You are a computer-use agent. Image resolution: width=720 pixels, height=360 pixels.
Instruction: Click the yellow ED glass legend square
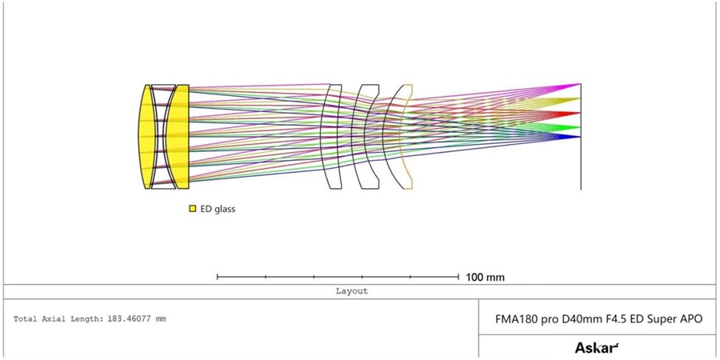pyautogui.click(x=193, y=209)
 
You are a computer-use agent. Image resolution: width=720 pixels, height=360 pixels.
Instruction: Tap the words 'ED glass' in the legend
pyautogui.click(x=218, y=209)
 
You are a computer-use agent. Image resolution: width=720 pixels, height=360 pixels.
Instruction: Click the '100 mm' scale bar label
pyautogui.click(x=486, y=278)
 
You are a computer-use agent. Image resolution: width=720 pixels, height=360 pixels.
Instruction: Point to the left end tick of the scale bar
pyautogui.click(x=217, y=277)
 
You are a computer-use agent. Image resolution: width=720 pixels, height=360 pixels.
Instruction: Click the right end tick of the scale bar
pyautogui.click(x=458, y=277)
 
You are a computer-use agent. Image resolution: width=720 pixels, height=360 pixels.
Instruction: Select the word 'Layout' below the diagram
pyautogui.click(x=352, y=291)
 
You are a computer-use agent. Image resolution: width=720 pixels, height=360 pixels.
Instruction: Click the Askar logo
pyautogui.click(x=597, y=348)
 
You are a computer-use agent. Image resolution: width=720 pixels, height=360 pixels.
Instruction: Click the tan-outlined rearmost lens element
pyautogui.click(x=402, y=136)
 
